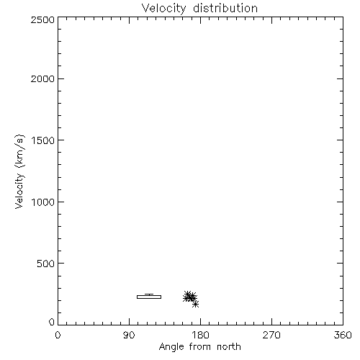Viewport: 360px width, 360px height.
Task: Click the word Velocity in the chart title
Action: coord(164,9)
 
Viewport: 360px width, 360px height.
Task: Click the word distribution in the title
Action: coord(225,8)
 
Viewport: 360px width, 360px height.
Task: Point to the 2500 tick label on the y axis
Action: coord(42,19)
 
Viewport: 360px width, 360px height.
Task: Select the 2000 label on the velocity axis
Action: coord(42,78)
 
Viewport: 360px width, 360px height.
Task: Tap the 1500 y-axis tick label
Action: coord(43,140)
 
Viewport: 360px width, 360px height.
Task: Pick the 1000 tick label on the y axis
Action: coord(43,202)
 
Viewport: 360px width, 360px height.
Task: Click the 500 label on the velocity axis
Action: coord(45,264)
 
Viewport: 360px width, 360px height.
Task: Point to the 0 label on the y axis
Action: coord(52,322)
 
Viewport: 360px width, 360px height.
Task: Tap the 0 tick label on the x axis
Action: coord(58,335)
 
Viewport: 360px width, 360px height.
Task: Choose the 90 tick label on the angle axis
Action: coord(129,335)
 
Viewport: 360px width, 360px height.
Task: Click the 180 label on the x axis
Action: coord(200,335)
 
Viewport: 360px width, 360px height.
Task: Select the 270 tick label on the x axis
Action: coord(271,335)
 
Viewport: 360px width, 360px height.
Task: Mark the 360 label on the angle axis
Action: coord(343,335)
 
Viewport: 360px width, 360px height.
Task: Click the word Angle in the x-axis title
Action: coord(171,348)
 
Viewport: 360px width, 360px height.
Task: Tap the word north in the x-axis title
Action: coord(229,347)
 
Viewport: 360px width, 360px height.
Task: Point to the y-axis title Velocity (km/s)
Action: coord(19,171)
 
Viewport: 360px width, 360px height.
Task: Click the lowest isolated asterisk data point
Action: coord(196,305)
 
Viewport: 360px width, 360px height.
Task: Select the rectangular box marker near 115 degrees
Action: coord(149,295)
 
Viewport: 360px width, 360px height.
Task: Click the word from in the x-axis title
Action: coord(200,347)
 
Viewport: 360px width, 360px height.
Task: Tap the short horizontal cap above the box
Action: coord(149,294)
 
